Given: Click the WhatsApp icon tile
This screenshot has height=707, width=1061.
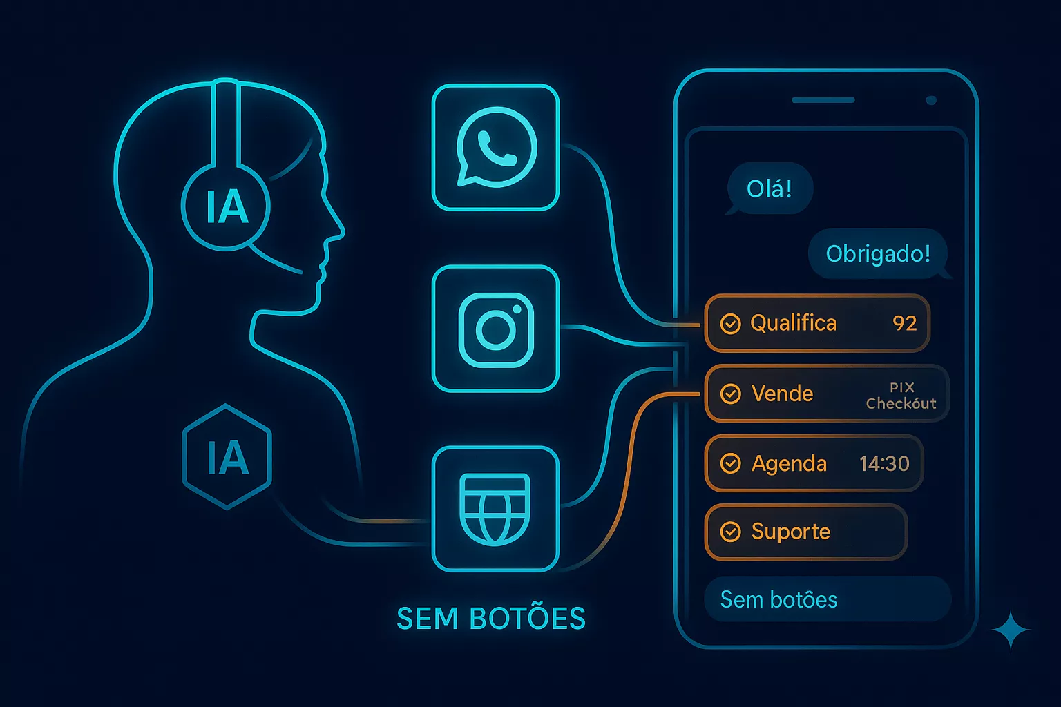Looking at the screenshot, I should pyautogui.click(x=495, y=147).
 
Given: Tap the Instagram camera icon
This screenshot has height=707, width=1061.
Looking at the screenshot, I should pyautogui.click(x=495, y=329).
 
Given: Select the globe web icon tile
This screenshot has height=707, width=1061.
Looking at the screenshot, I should pyautogui.click(x=495, y=509).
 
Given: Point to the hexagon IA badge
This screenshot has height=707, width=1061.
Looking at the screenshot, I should pyautogui.click(x=227, y=457).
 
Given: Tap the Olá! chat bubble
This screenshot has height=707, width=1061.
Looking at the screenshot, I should pyautogui.click(x=770, y=188).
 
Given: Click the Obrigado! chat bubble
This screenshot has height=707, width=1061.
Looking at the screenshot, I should pyautogui.click(x=878, y=253).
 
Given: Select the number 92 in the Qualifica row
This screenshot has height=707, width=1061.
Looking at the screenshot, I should pyautogui.click(x=904, y=323).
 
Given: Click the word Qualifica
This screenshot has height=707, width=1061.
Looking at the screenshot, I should pyautogui.click(x=793, y=323).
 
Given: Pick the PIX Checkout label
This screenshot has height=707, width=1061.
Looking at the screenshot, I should pyautogui.click(x=901, y=396).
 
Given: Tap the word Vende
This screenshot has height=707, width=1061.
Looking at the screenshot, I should pyautogui.click(x=782, y=394).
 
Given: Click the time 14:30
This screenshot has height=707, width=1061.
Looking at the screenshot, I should pyautogui.click(x=884, y=463).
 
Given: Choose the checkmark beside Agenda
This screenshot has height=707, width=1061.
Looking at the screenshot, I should pyautogui.click(x=730, y=463).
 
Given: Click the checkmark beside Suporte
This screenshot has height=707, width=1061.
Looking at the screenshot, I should pyautogui.click(x=730, y=532).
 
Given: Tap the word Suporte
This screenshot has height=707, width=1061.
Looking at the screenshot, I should pyautogui.click(x=790, y=532).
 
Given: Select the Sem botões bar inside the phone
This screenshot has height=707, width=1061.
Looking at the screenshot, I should pyautogui.click(x=828, y=599).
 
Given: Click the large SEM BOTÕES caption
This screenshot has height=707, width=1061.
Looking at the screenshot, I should pyautogui.click(x=491, y=619).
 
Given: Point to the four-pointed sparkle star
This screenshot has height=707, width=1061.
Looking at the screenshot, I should pyautogui.click(x=1011, y=630).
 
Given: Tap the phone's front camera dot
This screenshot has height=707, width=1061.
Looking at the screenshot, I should pyautogui.click(x=931, y=100).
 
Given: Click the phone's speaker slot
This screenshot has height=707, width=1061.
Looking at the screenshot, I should pyautogui.click(x=823, y=100).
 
